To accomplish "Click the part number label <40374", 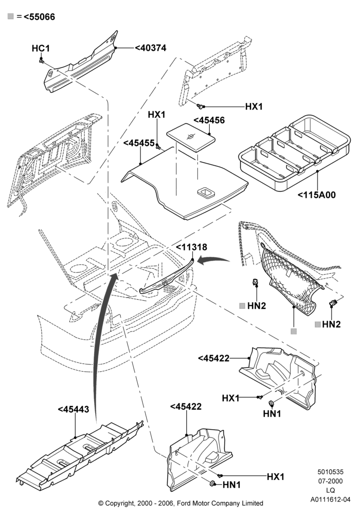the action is coord(151,48).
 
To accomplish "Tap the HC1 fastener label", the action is coord(41,48).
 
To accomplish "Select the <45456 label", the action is coord(209,120).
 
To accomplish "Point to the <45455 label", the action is coord(139,143).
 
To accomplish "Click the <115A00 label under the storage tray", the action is coord(317,195).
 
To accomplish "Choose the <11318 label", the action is coord(192,247).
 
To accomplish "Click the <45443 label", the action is coord(74,410).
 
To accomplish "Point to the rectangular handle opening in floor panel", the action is coord(206,192).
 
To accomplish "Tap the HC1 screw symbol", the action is coord(42,60).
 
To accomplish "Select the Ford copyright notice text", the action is coord(181,503).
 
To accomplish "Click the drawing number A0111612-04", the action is coord(331,500).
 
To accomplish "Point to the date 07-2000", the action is coord(331,481).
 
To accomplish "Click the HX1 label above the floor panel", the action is coord(157,115).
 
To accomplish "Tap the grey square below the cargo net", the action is coord(294,332).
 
